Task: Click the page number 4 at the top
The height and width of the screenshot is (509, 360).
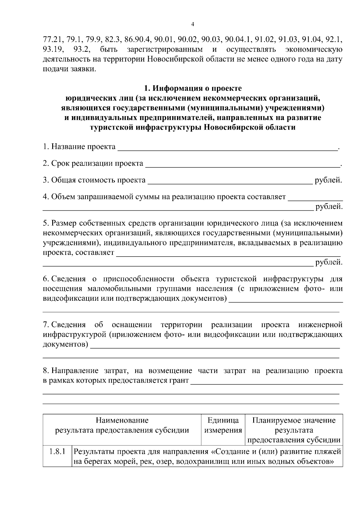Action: (x=193, y=24)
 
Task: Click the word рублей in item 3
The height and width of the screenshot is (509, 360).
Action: (x=328, y=180)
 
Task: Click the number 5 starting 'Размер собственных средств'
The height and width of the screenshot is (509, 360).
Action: (x=45, y=223)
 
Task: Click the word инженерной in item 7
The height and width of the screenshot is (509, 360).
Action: (x=320, y=325)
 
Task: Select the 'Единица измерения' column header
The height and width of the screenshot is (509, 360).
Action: (x=223, y=425)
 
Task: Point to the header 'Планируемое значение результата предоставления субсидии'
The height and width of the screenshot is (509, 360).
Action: (x=294, y=430)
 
